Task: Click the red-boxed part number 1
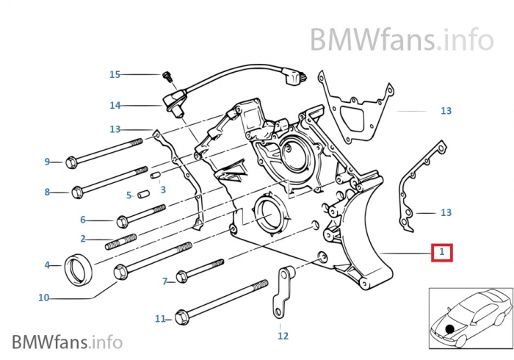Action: [x=441, y=253]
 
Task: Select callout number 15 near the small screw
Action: [x=115, y=74]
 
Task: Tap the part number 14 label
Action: [x=115, y=106]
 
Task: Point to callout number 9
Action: [x=47, y=162]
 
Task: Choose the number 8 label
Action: [x=47, y=192]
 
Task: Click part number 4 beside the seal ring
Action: [x=47, y=264]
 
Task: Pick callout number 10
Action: [x=43, y=298]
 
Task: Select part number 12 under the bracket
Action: [x=283, y=336]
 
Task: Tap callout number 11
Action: [x=159, y=319]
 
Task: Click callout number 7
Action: [x=165, y=281]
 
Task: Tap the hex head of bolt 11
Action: [x=181, y=318]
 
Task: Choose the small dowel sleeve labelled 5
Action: [x=145, y=195]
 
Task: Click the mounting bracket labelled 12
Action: [x=280, y=294]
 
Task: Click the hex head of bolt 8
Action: [x=76, y=192]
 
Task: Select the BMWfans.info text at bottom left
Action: [x=67, y=342]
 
